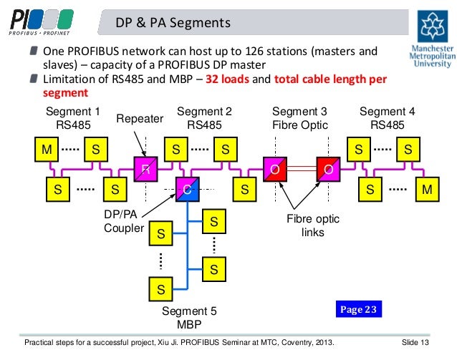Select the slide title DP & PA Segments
pyautogui.click(x=168, y=24)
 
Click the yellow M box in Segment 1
pyautogui.click(x=47, y=150)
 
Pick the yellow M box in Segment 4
pyautogui.click(x=428, y=190)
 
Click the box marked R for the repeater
pyautogui.click(x=144, y=170)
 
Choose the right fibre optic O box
pyautogui.click(x=328, y=170)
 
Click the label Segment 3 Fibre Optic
pyautogui.click(x=299, y=118)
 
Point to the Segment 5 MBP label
pyautogui.click(x=188, y=317)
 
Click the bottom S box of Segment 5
pyautogui.click(x=160, y=290)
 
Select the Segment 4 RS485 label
pyautogui.click(x=388, y=118)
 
